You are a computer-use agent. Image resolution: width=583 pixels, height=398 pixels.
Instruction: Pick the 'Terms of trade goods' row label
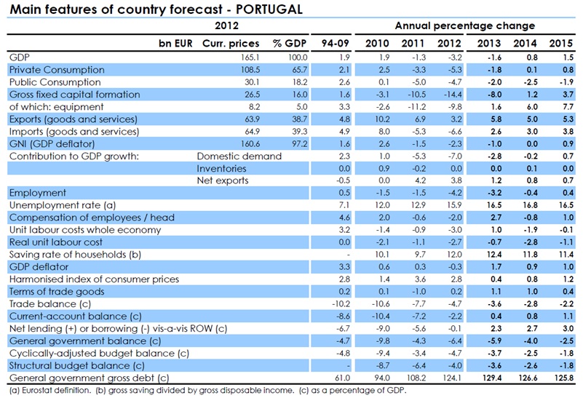(57, 292)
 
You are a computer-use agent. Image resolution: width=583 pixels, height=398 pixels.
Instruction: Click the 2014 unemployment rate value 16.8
(527, 206)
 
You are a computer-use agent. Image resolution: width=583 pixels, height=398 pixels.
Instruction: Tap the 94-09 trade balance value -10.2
(338, 303)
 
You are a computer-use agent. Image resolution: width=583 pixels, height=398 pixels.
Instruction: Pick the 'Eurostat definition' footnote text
(55, 390)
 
